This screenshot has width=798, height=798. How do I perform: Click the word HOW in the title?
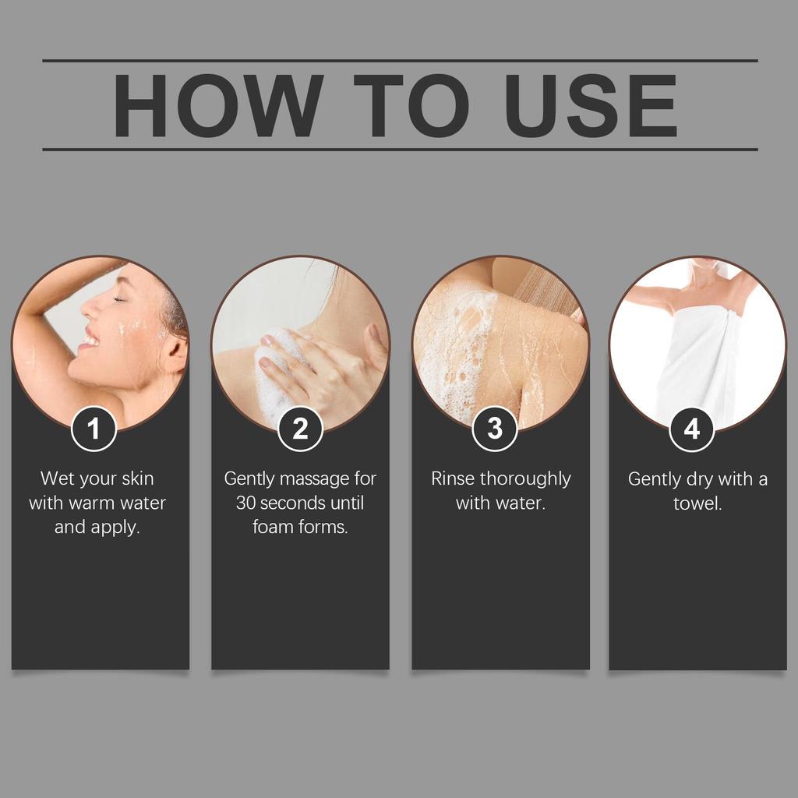tap(218, 105)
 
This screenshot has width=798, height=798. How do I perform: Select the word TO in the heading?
tap(411, 105)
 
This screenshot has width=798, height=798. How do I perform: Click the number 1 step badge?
tap(94, 429)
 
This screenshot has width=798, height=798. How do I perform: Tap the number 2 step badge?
tap(300, 429)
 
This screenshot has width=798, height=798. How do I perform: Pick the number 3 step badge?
tap(495, 429)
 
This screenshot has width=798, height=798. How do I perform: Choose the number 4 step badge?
tap(691, 429)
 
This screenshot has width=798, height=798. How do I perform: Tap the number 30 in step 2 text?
tap(245, 503)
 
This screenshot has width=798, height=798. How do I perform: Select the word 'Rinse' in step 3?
tap(453, 478)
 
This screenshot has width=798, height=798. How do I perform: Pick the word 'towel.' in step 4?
tap(697, 503)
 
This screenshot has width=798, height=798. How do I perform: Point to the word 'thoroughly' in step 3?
tap(525, 480)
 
